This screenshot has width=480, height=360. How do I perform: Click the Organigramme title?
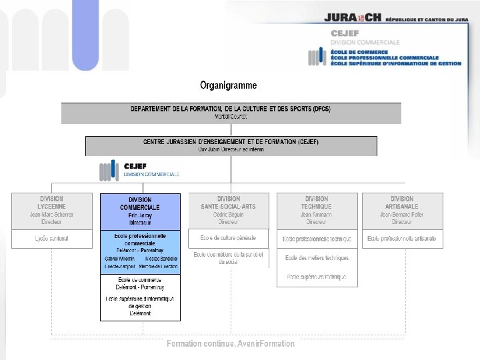229,85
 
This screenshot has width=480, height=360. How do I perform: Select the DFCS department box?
231,112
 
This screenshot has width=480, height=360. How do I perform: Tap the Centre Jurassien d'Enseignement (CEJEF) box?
231,145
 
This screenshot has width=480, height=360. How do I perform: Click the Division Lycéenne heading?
51,203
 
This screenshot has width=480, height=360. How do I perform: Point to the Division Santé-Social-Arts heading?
229,203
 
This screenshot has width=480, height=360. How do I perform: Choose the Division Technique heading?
317,203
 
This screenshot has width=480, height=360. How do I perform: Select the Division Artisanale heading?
402,203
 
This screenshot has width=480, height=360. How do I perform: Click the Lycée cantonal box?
51,238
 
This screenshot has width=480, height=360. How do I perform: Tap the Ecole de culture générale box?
229,238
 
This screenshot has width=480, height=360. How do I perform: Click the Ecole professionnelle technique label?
317,239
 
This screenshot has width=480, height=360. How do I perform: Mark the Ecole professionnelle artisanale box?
402,238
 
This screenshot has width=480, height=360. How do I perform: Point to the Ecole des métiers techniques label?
317,258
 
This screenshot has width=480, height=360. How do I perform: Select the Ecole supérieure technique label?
317,276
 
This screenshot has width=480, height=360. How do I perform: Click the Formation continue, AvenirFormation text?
230,343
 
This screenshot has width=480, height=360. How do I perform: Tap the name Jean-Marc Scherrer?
51,215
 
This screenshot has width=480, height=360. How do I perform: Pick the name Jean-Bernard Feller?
402,215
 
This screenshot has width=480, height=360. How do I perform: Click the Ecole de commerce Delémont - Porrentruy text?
140,283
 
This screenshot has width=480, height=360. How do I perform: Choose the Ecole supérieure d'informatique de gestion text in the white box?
140,305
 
